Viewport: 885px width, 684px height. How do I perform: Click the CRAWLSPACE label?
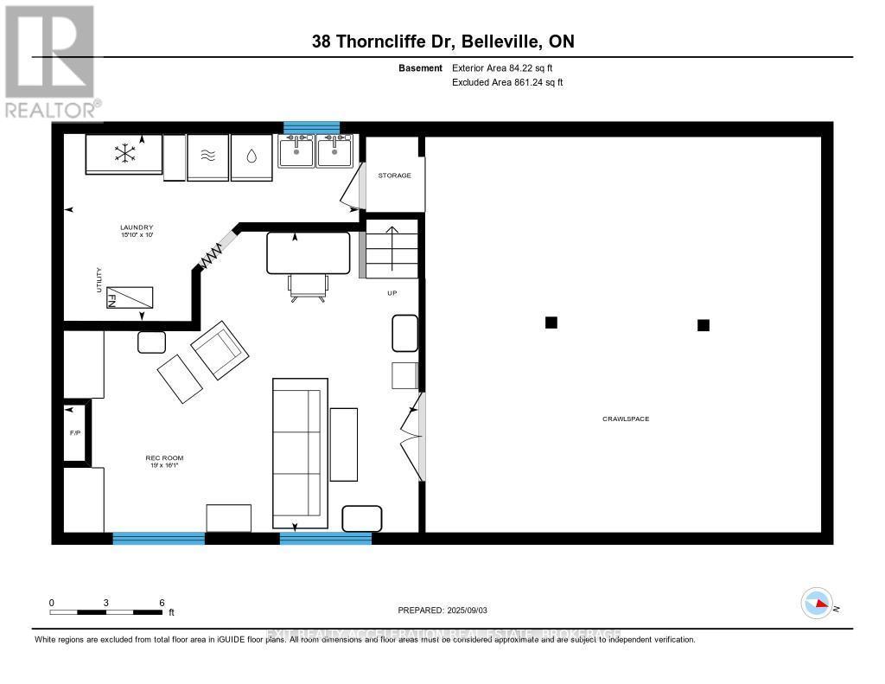click(625, 419)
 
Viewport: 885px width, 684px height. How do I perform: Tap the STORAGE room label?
click(394, 176)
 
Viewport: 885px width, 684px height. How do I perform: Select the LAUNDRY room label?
click(137, 227)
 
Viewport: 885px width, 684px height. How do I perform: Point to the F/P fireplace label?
click(75, 432)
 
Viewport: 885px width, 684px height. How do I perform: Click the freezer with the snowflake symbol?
click(124, 154)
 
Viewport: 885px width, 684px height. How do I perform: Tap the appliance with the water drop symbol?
click(251, 157)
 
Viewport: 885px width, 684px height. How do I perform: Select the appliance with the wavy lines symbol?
click(207, 157)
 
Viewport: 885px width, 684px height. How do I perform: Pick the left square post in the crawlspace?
click(551, 323)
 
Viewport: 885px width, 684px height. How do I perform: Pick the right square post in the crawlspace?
click(704, 325)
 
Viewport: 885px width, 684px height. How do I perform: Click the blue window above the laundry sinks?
click(312, 128)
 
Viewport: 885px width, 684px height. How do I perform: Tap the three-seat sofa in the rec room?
click(299, 453)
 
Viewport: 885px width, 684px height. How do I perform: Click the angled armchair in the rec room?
click(220, 350)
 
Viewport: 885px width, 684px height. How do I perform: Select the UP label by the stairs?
click(392, 294)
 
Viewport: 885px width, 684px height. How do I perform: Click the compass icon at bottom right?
click(817, 603)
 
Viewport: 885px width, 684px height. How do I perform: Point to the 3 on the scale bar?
click(106, 602)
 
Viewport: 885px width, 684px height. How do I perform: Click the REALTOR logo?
click(50, 61)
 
